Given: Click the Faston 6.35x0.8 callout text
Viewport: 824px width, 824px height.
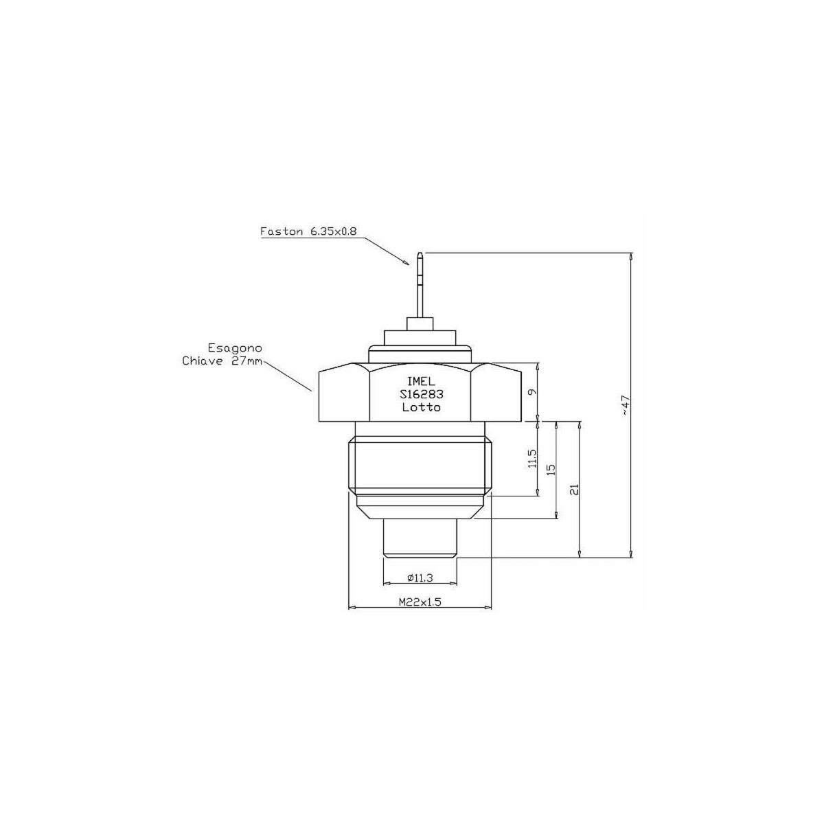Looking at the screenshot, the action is tap(308, 232).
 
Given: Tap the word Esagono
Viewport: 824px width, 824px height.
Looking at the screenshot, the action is tap(235, 347).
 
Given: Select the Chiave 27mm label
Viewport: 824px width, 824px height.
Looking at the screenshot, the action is tap(222, 361).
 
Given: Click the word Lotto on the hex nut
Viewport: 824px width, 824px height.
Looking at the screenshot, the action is tap(421, 407).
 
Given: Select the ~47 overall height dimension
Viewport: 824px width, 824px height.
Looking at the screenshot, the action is tap(626, 405).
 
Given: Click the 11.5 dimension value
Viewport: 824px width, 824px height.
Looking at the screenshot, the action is tap(532, 458).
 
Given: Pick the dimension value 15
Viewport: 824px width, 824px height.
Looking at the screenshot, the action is tap(551, 469).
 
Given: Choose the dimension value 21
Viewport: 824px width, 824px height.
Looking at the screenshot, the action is tap(575, 489).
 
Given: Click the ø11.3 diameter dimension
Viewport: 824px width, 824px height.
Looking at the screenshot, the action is tap(420, 578).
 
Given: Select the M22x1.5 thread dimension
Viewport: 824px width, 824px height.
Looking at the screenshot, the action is tap(420, 602).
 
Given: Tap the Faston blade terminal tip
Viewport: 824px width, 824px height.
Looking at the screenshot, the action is tap(421, 253).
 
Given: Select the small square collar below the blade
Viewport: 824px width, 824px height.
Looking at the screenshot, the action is tap(420, 323).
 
